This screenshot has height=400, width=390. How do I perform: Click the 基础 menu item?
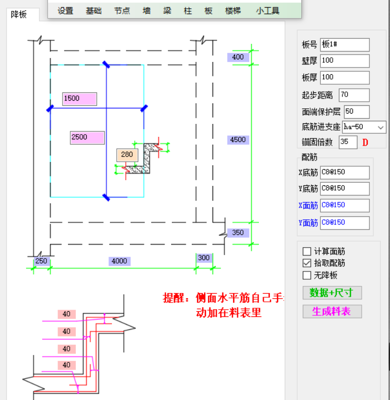coord(93,11)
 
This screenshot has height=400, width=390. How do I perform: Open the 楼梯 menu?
coord(233,11)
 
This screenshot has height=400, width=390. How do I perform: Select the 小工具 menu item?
coord(268,11)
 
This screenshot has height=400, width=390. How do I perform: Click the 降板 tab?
coord(19,14)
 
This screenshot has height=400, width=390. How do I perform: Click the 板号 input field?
coord(345,44)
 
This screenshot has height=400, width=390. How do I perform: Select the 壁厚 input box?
coord(345,61)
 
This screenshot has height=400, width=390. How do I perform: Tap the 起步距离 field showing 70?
coord(354,95)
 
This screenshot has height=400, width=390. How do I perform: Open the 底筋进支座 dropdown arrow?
coord(381,127)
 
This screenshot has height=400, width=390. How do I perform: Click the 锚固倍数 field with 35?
coord(348,142)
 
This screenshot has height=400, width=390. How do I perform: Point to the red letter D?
coord(365,142)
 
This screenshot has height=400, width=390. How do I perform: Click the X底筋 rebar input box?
coord(345,172)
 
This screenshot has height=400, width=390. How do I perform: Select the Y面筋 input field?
coord(345,222)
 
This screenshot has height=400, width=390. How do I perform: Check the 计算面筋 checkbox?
coord(307,251)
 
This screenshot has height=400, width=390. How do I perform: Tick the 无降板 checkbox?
coord(307,275)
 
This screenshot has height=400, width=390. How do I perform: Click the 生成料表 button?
coord(332,311)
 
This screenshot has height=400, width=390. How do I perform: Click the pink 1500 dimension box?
coord(79,99)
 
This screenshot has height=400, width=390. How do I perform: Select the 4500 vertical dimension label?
coord(238,140)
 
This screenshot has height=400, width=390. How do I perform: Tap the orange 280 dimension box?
coord(127,155)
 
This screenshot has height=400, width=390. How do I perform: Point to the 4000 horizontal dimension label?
coord(120,261)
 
